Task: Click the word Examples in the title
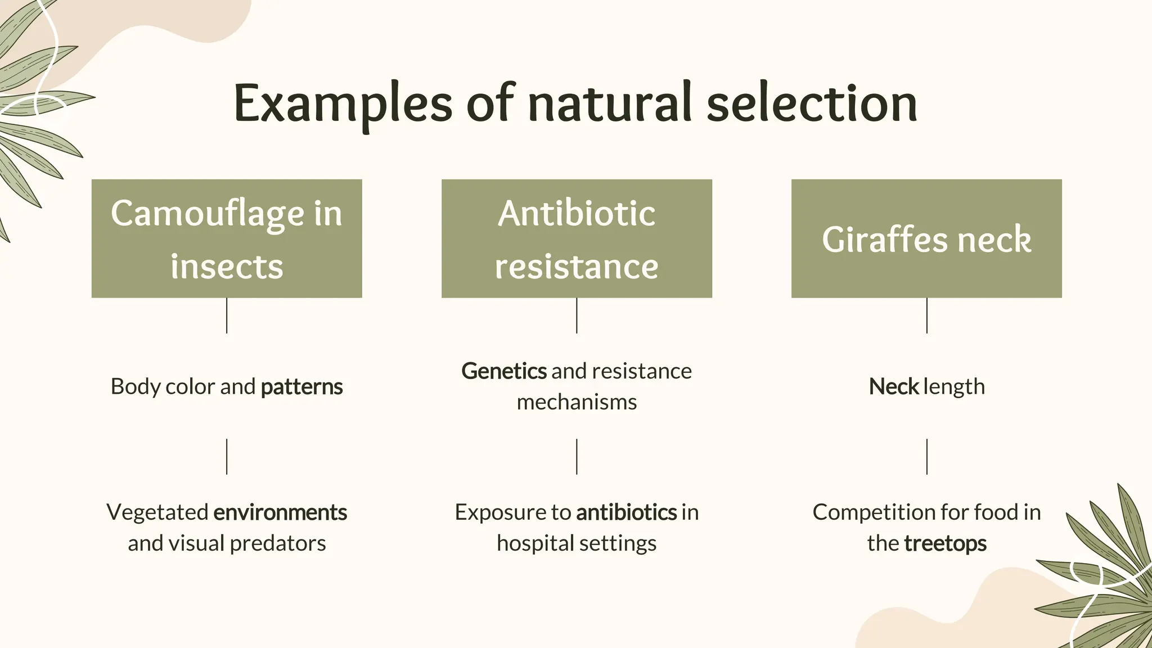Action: (x=343, y=104)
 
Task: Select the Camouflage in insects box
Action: (x=227, y=238)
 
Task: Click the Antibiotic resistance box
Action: (x=577, y=238)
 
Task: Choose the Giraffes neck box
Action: (x=926, y=238)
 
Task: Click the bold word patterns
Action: (x=301, y=387)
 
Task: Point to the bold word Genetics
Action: (x=504, y=371)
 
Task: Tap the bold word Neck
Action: (x=894, y=387)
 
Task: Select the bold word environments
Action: (x=280, y=512)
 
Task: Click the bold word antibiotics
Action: (x=626, y=512)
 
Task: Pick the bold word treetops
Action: (x=945, y=543)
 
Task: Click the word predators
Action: (x=278, y=543)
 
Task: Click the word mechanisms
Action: (x=577, y=402)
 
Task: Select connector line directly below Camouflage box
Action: (x=227, y=316)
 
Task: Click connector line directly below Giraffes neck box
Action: (x=926, y=316)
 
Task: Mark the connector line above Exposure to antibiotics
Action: (x=577, y=457)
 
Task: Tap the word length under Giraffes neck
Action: (x=954, y=387)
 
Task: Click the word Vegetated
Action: (x=157, y=512)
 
